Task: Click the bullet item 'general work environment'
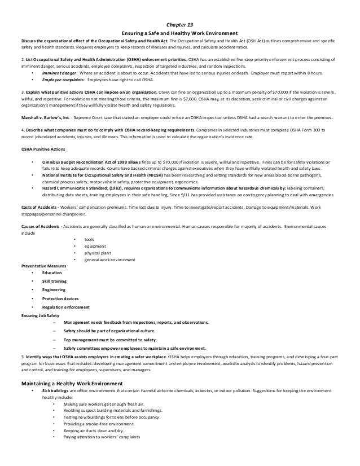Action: (109, 260)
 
